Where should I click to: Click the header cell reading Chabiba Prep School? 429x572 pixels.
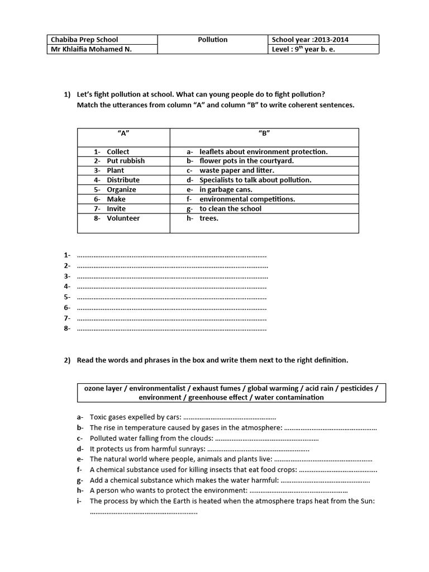84,40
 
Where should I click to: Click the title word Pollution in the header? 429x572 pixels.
213,40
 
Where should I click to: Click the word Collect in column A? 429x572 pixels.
118,151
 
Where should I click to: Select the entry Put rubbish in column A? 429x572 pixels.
126,161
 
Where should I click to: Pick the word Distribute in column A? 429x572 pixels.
123,180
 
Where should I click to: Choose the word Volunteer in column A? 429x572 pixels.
123,218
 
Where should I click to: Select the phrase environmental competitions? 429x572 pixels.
247,199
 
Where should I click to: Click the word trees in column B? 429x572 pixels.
209,218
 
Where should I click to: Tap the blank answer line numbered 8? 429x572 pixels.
171,328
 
